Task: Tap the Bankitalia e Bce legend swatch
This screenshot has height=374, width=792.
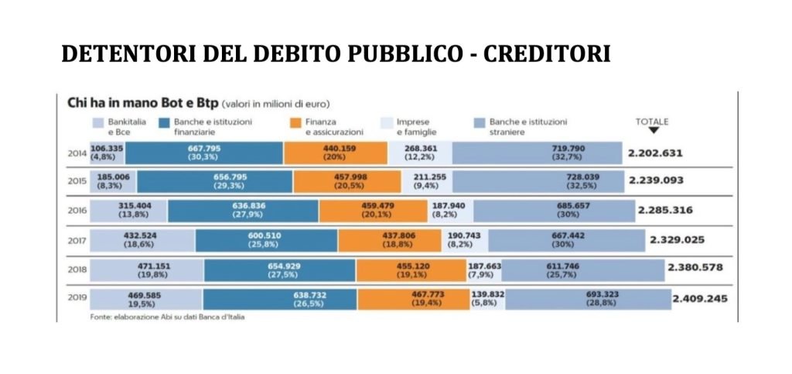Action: tap(97, 122)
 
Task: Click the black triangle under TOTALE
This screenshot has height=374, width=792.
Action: tap(653, 131)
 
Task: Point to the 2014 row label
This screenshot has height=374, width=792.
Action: tap(77, 153)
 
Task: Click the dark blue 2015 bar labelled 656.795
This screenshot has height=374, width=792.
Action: tap(214, 181)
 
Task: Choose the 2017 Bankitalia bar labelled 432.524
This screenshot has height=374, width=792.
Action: tap(142, 239)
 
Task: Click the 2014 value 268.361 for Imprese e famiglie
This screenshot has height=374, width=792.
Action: tap(419, 153)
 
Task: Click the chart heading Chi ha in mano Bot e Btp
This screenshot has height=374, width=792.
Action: tap(138, 102)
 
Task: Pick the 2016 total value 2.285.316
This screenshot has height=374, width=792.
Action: tap(670, 210)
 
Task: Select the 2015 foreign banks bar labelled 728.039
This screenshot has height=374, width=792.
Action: tap(537, 181)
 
